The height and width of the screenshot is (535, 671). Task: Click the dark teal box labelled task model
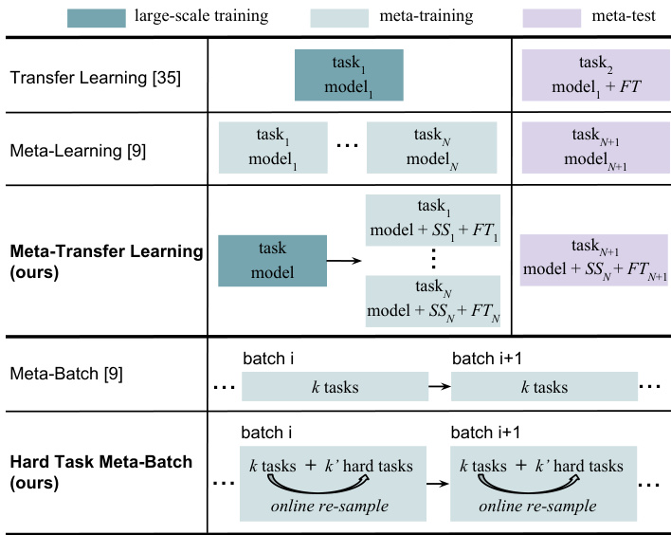(x=264, y=261)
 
